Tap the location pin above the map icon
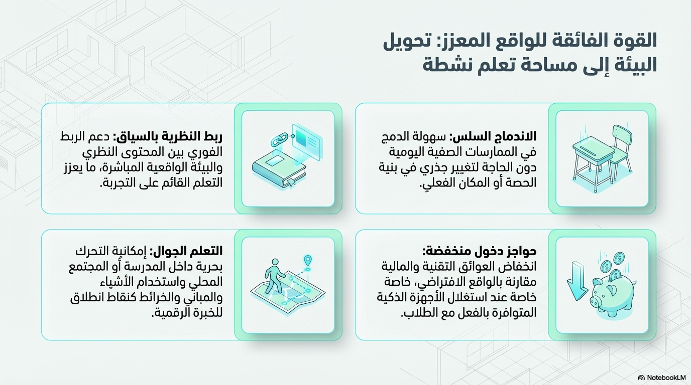pyautogui.click(x=308, y=261)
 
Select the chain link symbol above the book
pyautogui.click(x=278, y=140)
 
